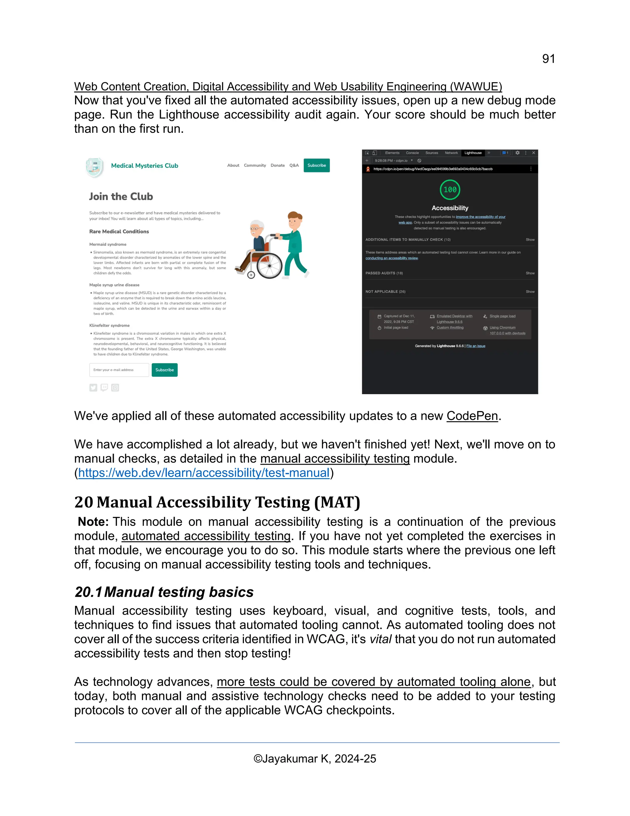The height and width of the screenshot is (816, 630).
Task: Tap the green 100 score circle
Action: (x=450, y=190)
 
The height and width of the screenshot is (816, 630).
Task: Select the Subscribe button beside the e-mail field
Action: (x=164, y=370)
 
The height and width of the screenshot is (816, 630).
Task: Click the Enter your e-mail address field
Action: (x=119, y=370)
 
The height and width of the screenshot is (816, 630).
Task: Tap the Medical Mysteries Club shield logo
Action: (x=95, y=167)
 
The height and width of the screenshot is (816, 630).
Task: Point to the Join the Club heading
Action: (x=121, y=196)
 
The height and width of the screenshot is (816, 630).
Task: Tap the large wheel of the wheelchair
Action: (x=269, y=266)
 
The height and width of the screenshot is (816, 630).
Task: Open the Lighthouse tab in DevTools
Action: (x=473, y=153)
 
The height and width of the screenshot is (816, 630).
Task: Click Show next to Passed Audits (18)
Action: (x=530, y=273)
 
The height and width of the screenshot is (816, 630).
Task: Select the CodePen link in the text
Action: (x=472, y=416)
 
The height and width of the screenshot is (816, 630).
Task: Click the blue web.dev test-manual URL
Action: (x=204, y=473)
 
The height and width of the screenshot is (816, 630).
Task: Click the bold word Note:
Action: (x=93, y=522)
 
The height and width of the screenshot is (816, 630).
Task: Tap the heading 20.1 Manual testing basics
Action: (x=164, y=592)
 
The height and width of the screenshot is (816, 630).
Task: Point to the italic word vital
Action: (x=380, y=639)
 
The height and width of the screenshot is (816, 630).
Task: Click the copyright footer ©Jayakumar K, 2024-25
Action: (x=315, y=758)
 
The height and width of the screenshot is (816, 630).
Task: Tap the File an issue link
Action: (x=476, y=346)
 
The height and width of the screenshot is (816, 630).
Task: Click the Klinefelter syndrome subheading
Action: (x=109, y=325)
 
